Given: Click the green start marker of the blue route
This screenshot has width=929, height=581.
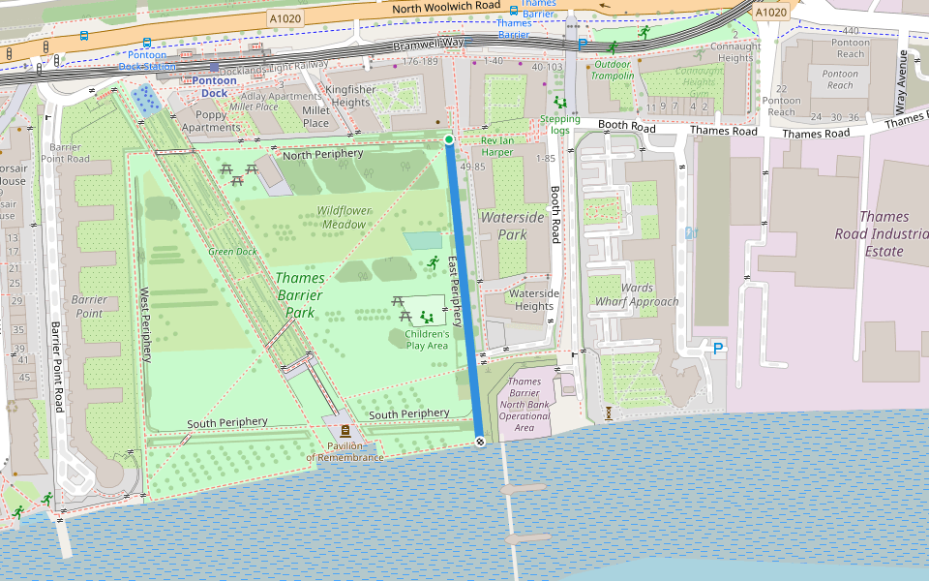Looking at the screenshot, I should coord(449,140).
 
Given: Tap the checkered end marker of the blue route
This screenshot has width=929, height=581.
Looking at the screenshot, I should coord(480,441).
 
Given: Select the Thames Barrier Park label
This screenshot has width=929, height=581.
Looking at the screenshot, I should coord(300,294).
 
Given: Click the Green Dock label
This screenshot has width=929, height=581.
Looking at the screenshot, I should coord(232,252).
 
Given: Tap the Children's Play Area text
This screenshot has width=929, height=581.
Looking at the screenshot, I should coord(427,339).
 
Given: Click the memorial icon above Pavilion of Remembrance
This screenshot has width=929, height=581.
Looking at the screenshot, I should coord(345,430).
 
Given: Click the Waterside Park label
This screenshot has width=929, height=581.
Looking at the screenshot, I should coord(513,226).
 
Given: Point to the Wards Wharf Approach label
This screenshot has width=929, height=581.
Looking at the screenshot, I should coord(637,294).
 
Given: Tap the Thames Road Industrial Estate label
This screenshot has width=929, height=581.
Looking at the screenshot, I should coord(871,233).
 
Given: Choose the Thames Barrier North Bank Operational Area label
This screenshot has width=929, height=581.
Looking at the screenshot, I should coord(524,404).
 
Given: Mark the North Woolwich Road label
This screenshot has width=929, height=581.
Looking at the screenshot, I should coord(447,7).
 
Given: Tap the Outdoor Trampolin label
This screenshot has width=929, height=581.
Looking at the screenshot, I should coord(614,70).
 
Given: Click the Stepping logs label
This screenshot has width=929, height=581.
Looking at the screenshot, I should coord(560,125).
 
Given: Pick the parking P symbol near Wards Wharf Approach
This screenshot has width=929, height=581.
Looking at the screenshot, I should coord(718,348).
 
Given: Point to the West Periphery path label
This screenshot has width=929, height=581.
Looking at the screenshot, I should coord(146,324).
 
